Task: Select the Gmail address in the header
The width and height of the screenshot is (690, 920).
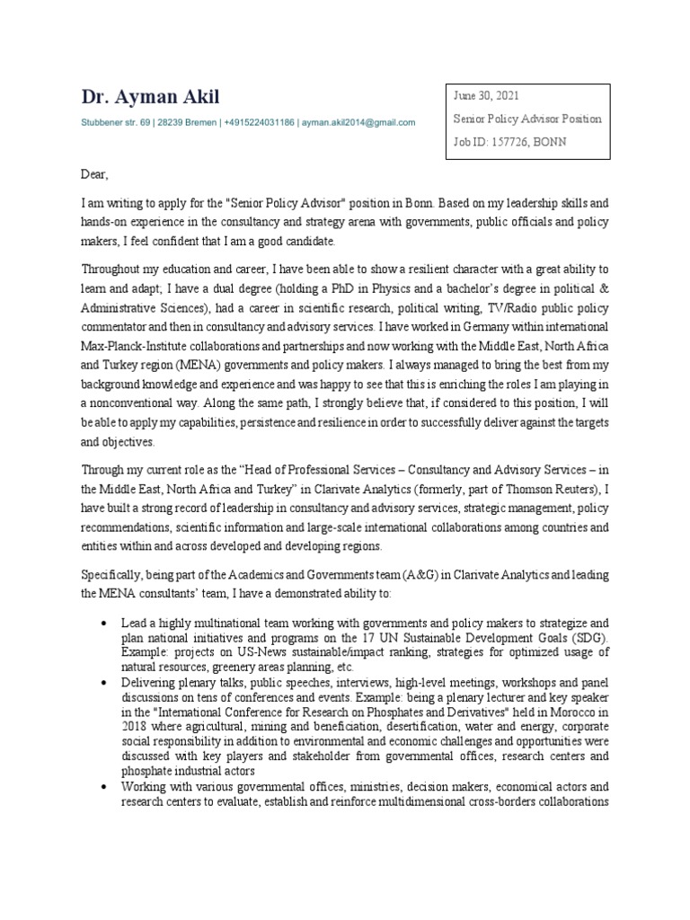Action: coord(358,122)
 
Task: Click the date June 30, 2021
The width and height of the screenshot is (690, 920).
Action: coord(485,96)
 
